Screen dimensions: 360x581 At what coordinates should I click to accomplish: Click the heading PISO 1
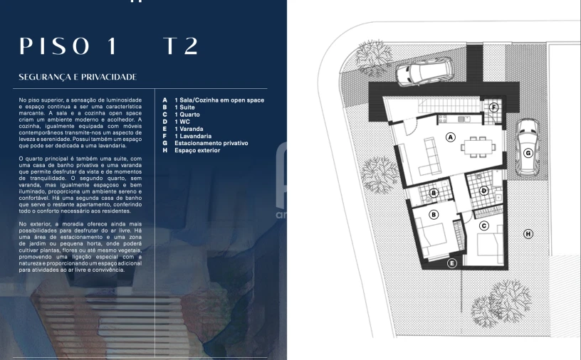68,46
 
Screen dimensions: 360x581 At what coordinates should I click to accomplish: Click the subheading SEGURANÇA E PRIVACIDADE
78,77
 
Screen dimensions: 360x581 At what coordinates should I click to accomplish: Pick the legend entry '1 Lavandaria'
193,136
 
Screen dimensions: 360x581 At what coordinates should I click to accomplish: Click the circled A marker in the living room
450,137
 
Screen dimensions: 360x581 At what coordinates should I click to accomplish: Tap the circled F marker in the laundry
494,107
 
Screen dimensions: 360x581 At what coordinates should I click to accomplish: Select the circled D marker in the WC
484,190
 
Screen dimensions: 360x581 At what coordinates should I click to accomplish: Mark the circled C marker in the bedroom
484,226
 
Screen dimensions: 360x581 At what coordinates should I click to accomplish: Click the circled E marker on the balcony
451,263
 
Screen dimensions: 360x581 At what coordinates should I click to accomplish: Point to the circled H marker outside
528,233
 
